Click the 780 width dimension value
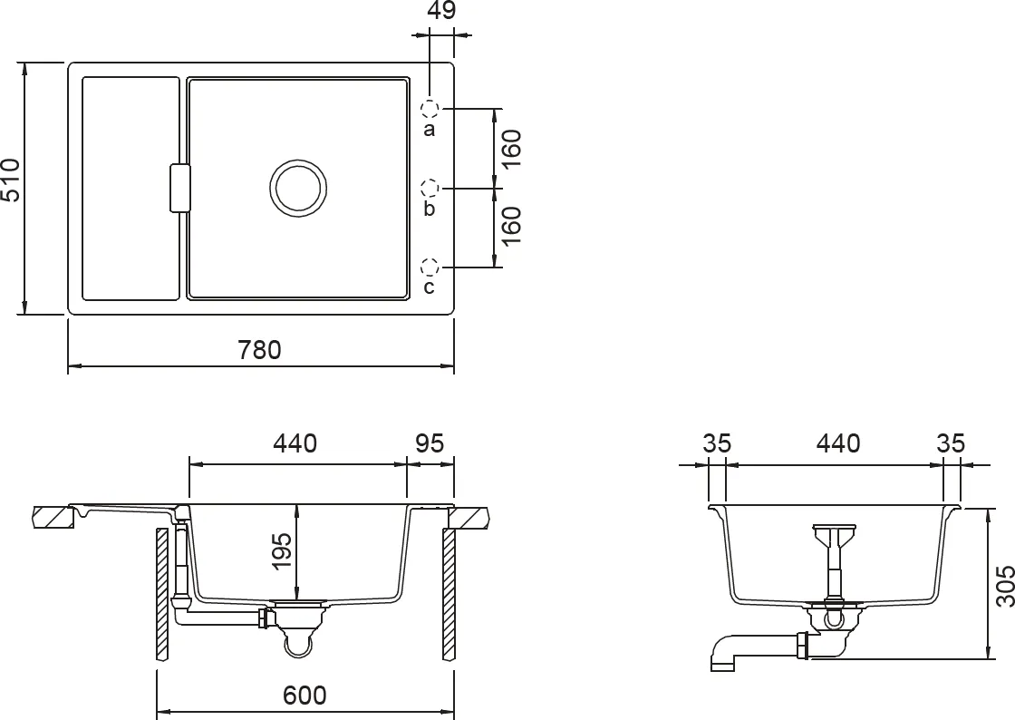(261, 349)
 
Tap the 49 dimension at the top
(441, 11)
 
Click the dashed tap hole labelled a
(430, 109)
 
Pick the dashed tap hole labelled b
(430, 189)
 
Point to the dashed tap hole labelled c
(430, 268)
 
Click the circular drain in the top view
(297, 188)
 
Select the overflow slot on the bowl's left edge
(179, 189)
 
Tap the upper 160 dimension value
(511, 149)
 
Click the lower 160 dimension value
(511, 227)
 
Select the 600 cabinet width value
(304, 696)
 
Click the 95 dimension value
(430, 443)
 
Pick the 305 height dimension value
(1003, 587)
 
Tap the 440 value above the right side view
(838, 443)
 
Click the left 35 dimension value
(717, 443)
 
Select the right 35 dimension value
(952, 443)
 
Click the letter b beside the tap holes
(430, 209)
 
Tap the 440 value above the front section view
(295, 443)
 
